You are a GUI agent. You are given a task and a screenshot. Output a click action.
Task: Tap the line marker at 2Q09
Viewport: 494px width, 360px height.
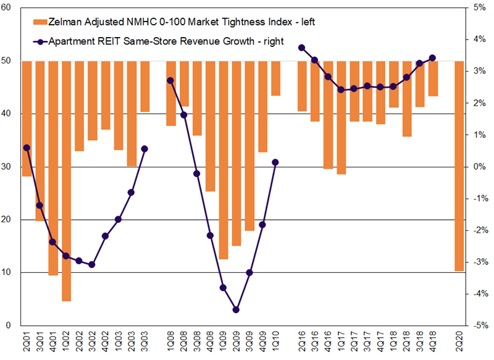237,310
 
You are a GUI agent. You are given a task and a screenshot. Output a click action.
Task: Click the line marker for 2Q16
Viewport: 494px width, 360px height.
302,48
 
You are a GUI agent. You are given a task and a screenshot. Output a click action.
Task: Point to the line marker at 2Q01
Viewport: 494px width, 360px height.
27,148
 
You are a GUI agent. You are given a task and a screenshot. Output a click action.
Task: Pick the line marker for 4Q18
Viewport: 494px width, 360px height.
432,58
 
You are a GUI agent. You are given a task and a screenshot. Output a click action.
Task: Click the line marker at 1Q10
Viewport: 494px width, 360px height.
275,162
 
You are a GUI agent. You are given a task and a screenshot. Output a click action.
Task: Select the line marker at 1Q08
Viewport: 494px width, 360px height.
170,80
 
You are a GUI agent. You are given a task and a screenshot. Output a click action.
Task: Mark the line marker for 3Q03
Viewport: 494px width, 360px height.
144,149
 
